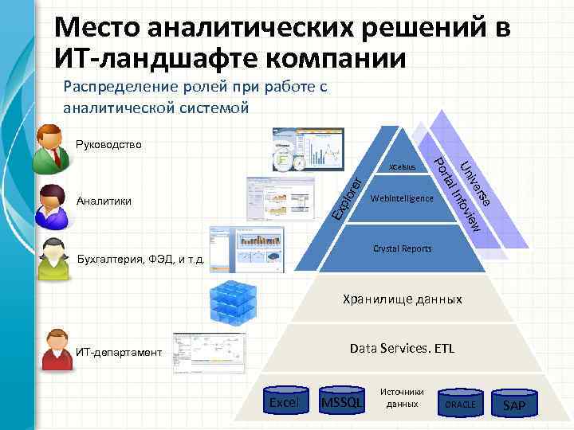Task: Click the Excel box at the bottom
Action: [285, 404]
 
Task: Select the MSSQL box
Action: [340, 404]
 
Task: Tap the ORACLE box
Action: [460, 405]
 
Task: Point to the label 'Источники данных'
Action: [402, 398]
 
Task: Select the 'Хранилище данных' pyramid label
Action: [402, 300]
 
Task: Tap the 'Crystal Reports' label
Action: [402, 248]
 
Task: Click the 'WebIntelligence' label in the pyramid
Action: [402, 197]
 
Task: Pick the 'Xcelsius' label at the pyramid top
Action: [402, 168]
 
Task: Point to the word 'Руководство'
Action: [109, 145]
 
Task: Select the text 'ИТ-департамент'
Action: [119, 352]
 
